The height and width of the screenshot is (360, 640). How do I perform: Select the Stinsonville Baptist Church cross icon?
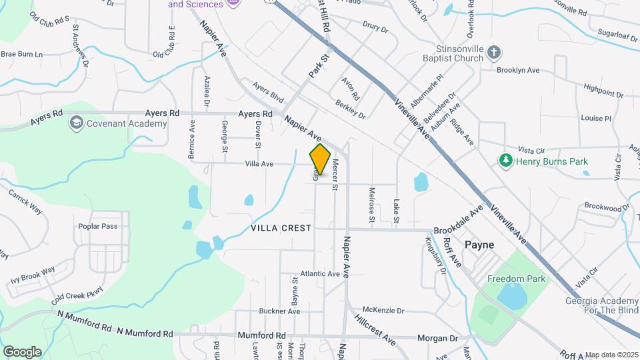click(493, 52)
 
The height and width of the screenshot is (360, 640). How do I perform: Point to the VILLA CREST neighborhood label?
click(281, 228)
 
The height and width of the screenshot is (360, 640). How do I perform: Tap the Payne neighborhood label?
click(479, 245)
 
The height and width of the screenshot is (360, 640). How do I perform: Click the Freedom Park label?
click(516, 279)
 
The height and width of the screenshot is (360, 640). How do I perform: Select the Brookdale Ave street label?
click(457, 221)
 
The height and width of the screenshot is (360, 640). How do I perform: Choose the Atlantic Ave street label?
click(320, 274)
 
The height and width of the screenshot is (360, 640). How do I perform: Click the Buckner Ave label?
click(279, 311)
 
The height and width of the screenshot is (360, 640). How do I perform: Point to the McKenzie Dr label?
click(383, 311)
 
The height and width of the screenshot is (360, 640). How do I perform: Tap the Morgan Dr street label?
click(437, 338)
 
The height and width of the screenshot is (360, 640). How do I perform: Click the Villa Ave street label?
click(259, 163)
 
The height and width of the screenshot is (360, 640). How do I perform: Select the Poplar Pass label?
click(97, 226)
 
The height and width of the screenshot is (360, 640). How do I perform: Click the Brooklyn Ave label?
click(518, 69)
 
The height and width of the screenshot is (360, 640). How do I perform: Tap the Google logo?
click(22, 351)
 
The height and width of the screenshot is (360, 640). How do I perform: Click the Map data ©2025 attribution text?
click(612, 355)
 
